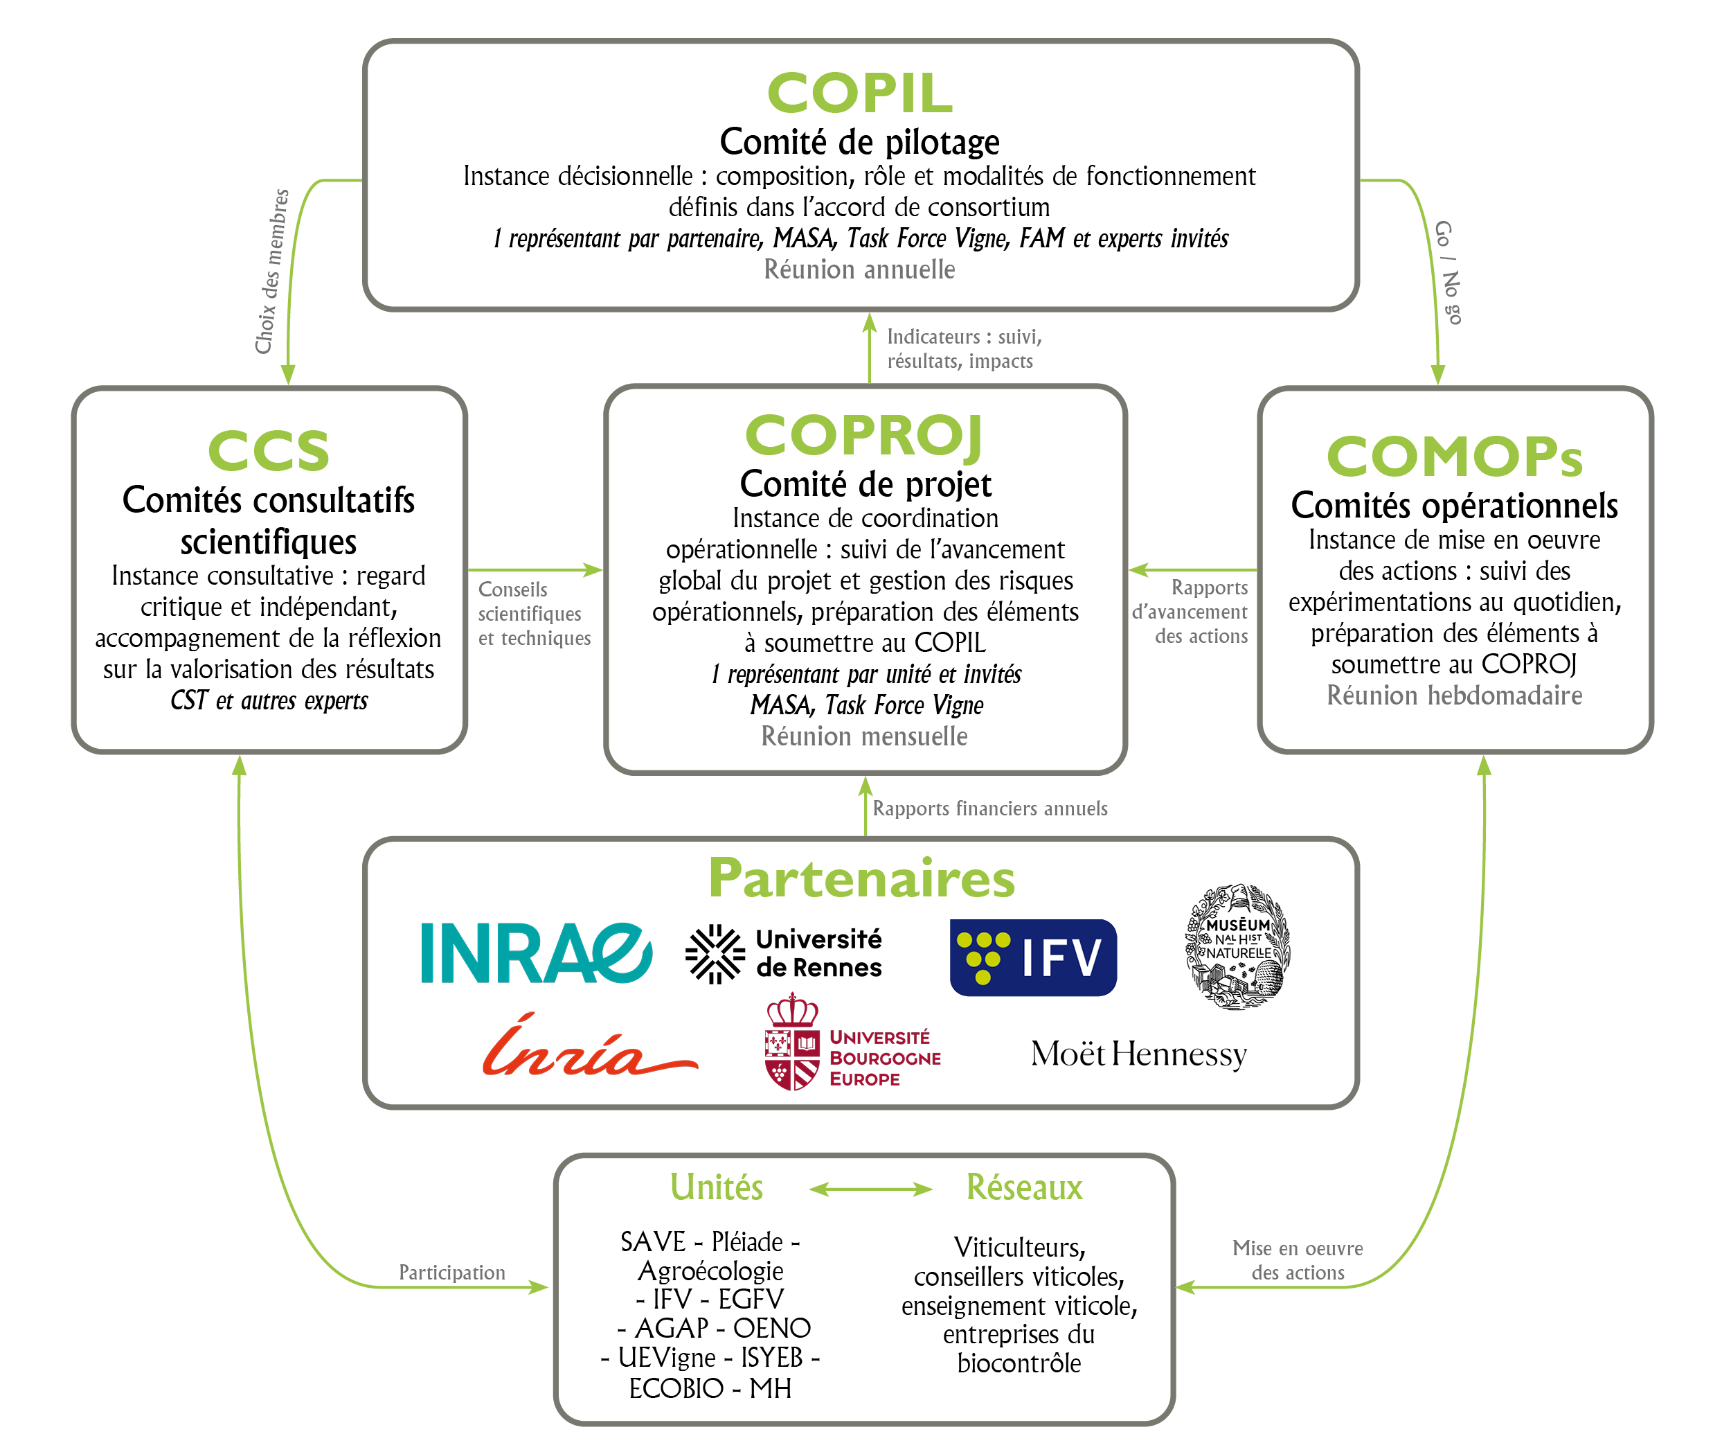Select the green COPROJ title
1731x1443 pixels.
(x=864, y=435)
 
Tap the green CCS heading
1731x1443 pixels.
(x=269, y=451)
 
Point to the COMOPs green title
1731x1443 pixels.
(x=1454, y=457)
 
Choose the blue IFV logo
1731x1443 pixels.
(x=1033, y=957)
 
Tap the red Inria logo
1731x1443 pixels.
(x=589, y=1047)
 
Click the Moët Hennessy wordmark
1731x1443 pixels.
(x=1138, y=1054)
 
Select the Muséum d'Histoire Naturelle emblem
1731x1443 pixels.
(x=1238, y=946)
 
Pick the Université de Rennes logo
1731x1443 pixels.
(x=784, y=953)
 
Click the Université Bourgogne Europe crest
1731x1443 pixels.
(x=792, y=1043)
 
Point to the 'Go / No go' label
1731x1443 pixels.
(x=1449, y=272)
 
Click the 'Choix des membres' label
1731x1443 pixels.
(x=273, y=272)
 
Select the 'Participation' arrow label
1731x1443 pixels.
(x=451, y=1273)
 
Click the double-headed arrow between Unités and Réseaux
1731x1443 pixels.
(x=870, y=1189)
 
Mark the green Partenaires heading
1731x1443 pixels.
(x=861, y=878)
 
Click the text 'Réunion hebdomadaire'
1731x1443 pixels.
(x=1454, y=695)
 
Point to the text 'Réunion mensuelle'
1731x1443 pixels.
(x=864, y=736)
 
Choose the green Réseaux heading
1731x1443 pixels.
(x=1024, y=1187)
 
